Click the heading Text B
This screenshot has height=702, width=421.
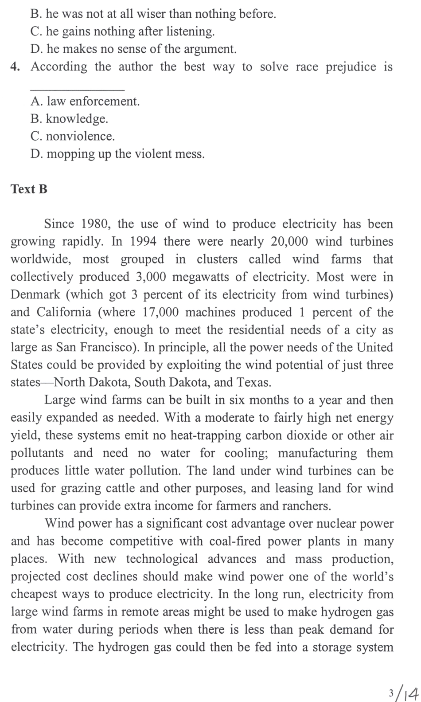(29, 189)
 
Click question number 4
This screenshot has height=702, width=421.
(16, 67)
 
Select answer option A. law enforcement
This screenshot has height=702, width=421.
(85, 102)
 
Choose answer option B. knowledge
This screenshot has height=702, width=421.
(70, 119)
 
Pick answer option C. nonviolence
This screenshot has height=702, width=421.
(73, 136)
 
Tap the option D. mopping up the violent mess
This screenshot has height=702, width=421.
(117, 154)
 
